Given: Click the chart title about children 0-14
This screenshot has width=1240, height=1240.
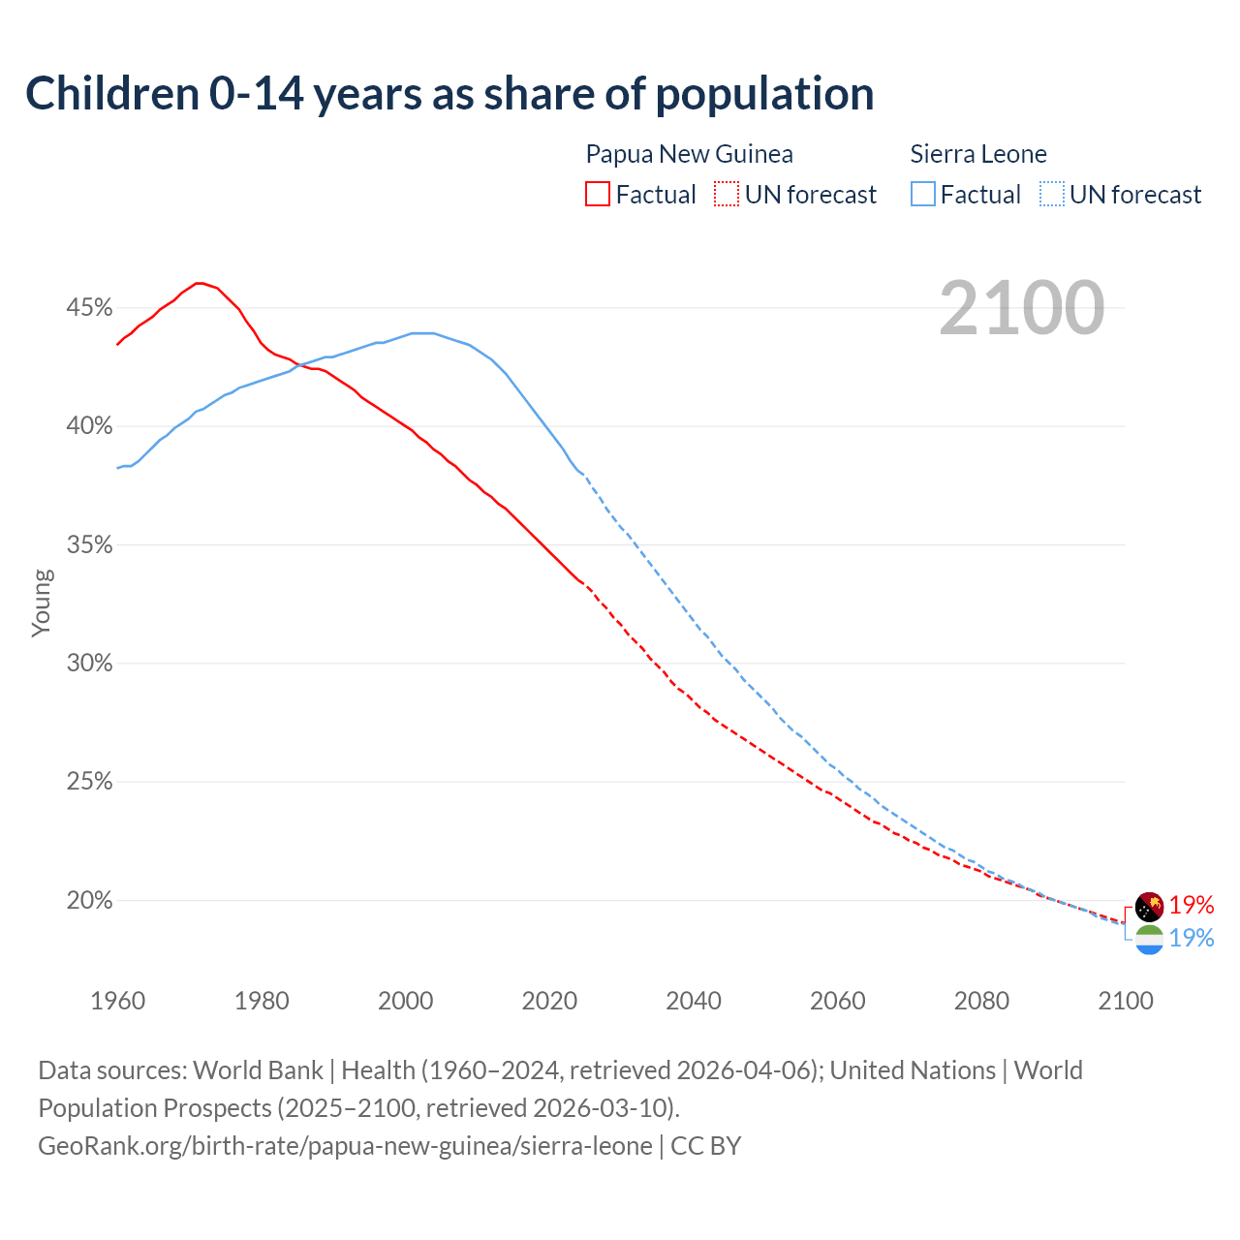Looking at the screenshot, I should tap(449, 94).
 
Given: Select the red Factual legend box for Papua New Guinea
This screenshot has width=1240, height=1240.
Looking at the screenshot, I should tap(598, 194).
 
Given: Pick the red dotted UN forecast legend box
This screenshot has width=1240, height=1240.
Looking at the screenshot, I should tap(727, 194).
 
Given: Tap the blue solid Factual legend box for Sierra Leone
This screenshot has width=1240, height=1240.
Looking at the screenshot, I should tap(923, 194).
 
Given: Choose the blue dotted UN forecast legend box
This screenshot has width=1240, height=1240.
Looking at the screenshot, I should tap(1052, 194).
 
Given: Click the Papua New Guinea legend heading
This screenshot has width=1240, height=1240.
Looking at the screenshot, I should tap(689, 154).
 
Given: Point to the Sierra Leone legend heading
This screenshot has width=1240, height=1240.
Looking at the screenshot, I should tap(978, 154).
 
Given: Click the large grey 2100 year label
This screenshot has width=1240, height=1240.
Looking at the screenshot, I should tap(1021, 308).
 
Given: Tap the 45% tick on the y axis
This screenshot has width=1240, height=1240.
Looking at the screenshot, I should tap(89, 308).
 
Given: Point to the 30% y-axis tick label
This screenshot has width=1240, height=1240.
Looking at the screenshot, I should tap(89, 664).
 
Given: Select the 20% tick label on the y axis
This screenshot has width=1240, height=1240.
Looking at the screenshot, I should tap(89, 901).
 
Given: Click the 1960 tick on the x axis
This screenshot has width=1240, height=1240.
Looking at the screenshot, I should tap(118, 1001).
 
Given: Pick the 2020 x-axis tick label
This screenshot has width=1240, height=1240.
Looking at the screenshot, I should tap(549, 1001).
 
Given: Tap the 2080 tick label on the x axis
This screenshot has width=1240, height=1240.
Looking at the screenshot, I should tap(981, 1001).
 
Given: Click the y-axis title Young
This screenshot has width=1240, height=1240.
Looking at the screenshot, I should tap(42, 603).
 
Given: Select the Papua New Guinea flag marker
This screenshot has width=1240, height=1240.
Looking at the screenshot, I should tap(1149, 907).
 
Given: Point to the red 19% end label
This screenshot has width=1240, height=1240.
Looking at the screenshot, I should tap(1192, 905).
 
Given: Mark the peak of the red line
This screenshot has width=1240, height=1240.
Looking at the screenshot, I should tap(199, 283).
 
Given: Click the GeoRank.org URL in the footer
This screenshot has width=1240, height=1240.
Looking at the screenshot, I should tap(345, 1146).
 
